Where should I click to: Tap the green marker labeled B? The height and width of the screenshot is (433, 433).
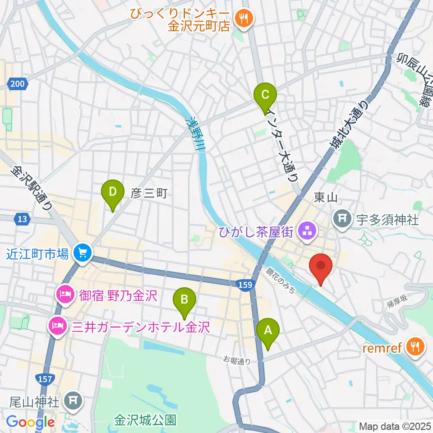(x=184, y=299)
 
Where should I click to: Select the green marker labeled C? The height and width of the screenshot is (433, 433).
(x=265, y=95)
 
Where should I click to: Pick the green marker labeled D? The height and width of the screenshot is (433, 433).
(x=113, y=192)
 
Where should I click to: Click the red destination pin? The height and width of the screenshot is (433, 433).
(x=321, y=266)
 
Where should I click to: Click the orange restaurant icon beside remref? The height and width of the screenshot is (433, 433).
(x=414, y=346)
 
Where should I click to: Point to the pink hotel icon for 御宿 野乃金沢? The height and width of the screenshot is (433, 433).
(x=63, y=295)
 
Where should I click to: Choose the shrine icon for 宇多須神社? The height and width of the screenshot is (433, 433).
(x=342, y=219)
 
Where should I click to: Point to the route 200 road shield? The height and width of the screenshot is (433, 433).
(x=17, y=83)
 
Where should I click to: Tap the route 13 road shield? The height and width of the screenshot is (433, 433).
(x=21, y=219)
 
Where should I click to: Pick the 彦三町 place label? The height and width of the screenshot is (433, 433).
(x=149, y=194)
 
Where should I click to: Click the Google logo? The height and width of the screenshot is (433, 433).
(x=30, y=423)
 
